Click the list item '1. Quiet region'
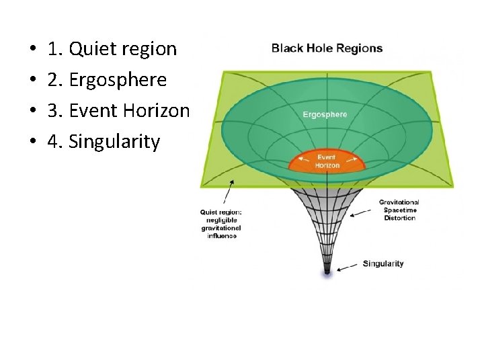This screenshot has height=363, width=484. pyautogui.click(x=112, y=49)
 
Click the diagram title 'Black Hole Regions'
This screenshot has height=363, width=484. pyautogui.click(x=327, y=48)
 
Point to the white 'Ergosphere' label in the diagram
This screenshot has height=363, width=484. pyautogui.click(x=325, y=114)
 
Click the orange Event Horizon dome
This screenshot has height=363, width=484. pyautogui.click(x=327, y=161)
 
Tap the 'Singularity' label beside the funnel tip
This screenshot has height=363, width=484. pyautogui.click(x=383, y=264)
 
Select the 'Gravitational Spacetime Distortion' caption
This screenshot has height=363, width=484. pyautogui.click(x=399, y=210)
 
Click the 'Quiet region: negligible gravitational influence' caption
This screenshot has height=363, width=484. pyautogui.click(x=220, y=224)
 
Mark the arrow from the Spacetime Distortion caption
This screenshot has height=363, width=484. pyautogui.click(x=362, y=213)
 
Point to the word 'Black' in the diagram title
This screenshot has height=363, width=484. pyautogui.click(x=286, y=48)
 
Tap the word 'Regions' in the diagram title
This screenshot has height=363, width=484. pyautogui.click(x=359, y=48)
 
